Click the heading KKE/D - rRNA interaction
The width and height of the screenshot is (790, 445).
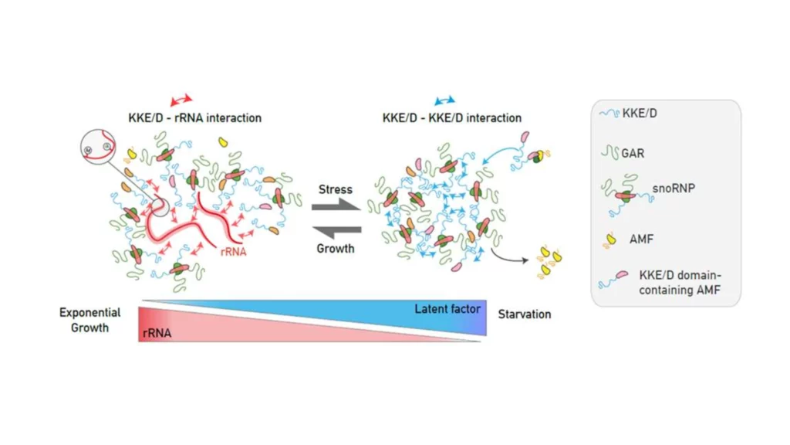point(194,118)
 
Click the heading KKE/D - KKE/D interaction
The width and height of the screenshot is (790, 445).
point(452,118)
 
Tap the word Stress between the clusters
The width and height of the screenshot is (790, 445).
point(336,189)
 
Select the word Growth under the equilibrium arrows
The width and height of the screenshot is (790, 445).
point(336,249)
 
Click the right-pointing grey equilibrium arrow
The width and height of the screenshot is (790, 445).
point(336,206)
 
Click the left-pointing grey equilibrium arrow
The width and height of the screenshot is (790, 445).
point(336,230)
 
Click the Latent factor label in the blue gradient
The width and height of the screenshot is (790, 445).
point(447,309)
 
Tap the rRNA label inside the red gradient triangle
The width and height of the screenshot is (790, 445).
point(156,332)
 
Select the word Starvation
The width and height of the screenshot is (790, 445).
point(525,314)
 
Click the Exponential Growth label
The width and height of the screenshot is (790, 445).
point(90,320)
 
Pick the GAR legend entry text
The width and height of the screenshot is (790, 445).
point(632,153)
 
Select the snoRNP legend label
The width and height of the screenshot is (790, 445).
point(677,186)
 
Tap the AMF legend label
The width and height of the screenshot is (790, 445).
point(641,239)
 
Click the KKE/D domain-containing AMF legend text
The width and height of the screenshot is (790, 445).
point(680,282)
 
